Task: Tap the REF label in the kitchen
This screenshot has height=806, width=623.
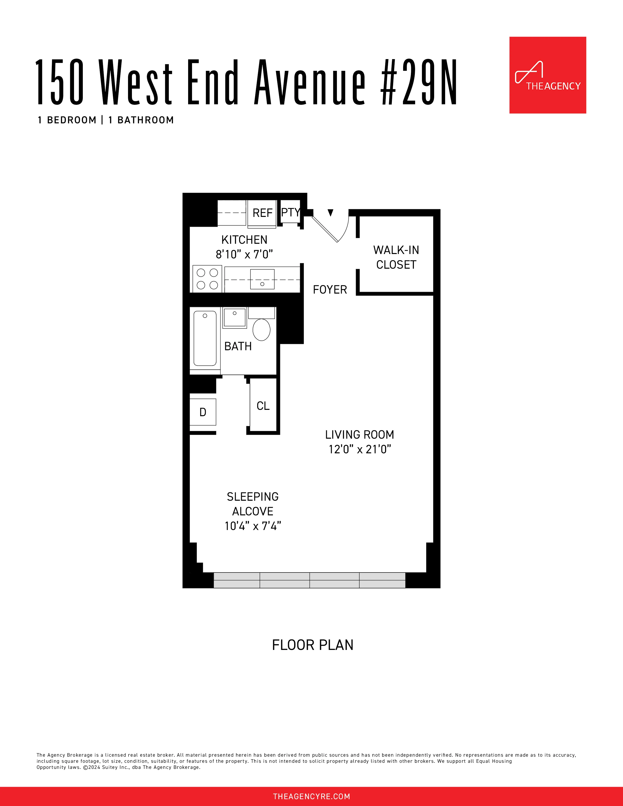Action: tap(262, 213)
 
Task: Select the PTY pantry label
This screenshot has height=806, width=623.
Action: tap(291, 212)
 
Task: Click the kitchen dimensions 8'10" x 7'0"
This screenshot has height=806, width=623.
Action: tap(244, 254)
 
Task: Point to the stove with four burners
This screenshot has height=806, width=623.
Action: tap(207, 279)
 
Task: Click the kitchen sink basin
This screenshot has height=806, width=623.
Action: tap(262, 279)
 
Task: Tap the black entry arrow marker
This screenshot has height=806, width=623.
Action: tap(330, 212)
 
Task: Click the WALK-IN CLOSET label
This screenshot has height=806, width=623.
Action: tap(396, 257)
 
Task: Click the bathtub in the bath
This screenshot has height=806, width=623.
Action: tap(205, 338)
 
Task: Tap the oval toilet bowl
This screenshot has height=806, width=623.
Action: tap(261, 329)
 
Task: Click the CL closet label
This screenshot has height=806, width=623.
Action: tap(263, 406)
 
